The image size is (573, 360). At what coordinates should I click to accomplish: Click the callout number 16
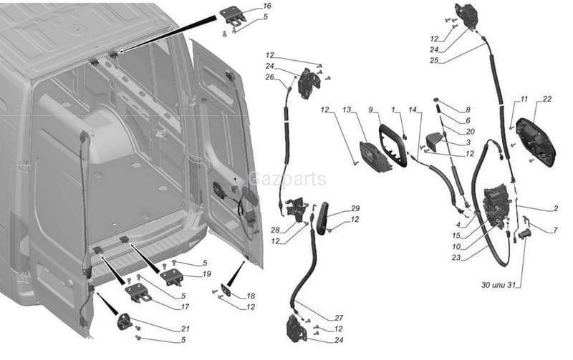click(266, 6)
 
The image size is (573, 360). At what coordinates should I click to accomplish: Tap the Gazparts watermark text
click(287, 179)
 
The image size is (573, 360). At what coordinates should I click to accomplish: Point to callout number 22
click(547, 99)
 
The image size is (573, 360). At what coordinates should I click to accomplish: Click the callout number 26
click(270, 77)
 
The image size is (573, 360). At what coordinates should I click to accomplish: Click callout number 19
click(207, 273)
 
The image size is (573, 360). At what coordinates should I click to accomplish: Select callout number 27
click(339, 317)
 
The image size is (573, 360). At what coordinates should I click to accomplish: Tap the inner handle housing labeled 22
click(536, 141)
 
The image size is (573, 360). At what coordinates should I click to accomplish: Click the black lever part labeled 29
click(323, 218)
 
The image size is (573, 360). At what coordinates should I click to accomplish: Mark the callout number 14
click(413, 110)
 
